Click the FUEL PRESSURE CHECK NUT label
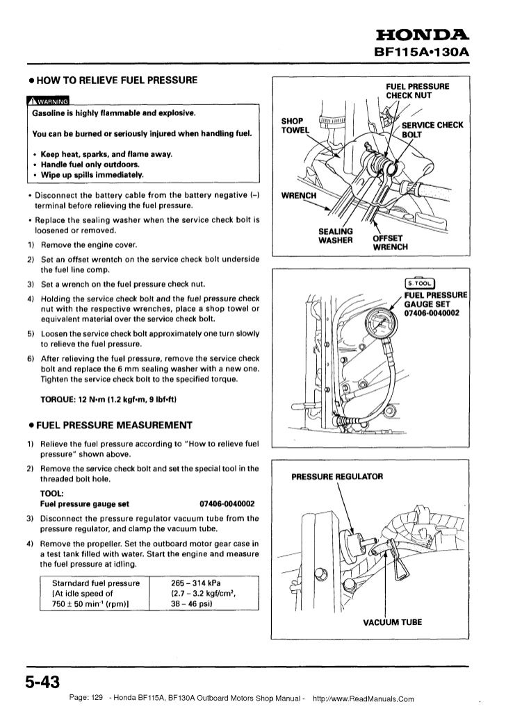click(x=418, y=90)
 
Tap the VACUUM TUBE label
click(x=393, y=622)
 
